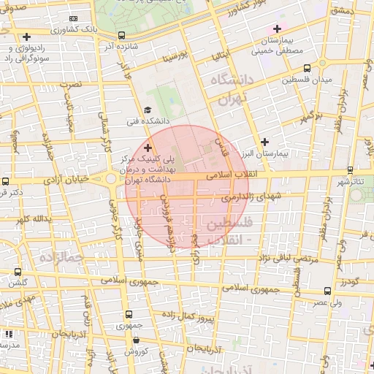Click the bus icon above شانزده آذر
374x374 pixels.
121,34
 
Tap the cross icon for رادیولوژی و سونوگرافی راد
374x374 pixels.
27,36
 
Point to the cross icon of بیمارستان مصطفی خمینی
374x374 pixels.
276,28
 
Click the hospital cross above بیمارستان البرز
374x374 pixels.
264,142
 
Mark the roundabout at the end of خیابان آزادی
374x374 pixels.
111,178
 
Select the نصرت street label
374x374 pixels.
72,84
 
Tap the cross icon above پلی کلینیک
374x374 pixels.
148,148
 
